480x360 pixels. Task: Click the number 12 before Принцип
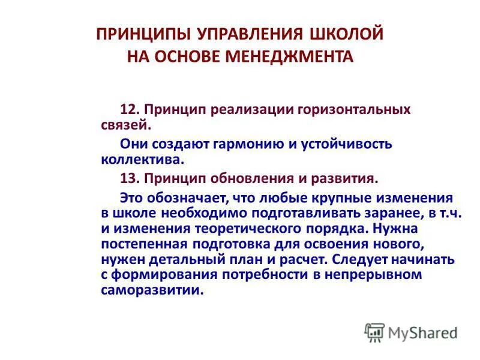pos(128,110)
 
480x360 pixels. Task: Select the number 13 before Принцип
pos(128,178)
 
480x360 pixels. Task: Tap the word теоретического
pos(228,229)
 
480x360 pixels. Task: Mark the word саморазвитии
pos(152,290)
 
